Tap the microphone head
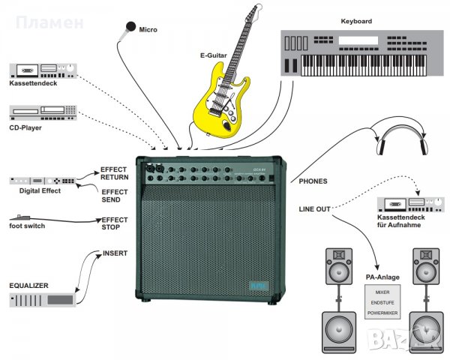127,29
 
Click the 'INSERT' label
116,253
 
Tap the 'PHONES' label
313,181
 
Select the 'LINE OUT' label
314,208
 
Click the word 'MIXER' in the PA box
383,290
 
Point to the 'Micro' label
148,30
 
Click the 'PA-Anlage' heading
383,277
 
